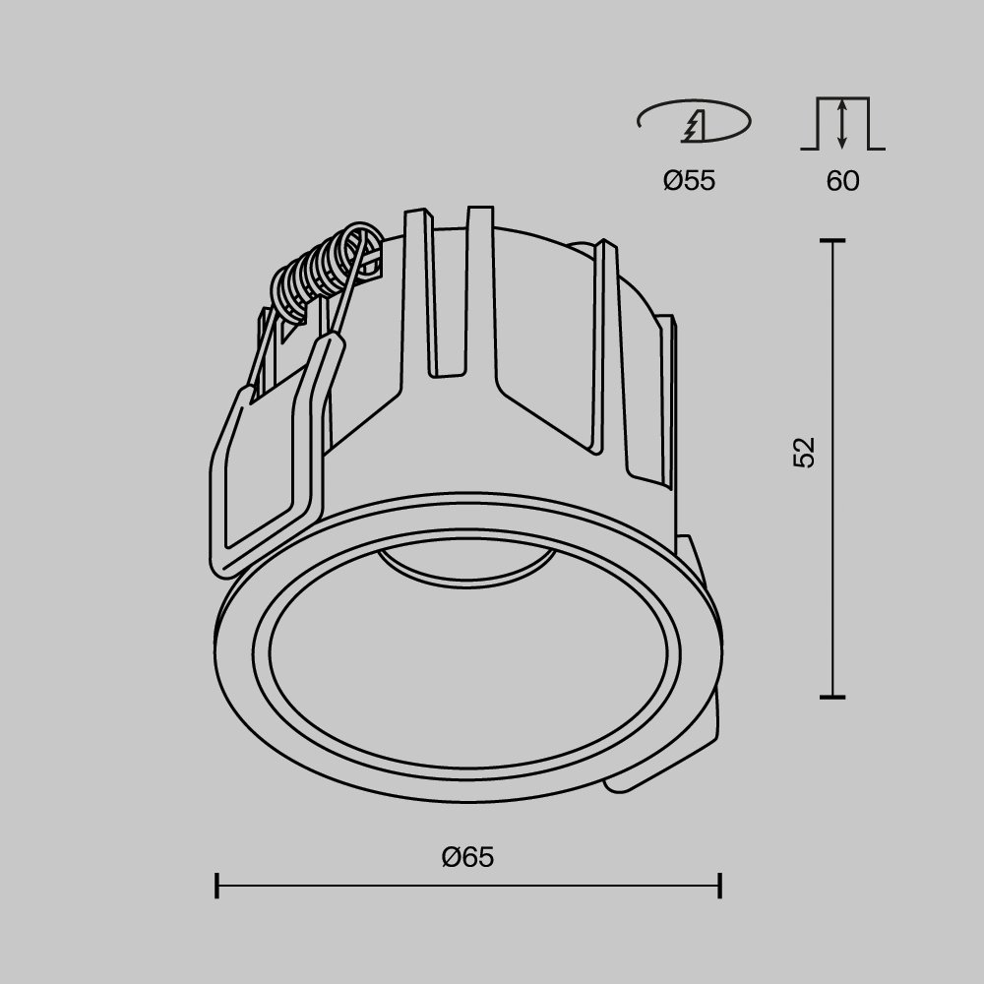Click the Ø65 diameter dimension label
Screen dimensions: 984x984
[x=467, y=858]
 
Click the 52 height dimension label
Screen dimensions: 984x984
[x=805, y=452]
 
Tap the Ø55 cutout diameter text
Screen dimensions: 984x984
[x=689, y=181]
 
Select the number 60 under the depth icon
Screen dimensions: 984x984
[x=843, y=181]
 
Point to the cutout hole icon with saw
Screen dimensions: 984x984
[x=694, y=123]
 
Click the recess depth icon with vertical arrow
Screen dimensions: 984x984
[x=843, y=124]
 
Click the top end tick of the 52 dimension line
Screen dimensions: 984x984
[x=833, y=241]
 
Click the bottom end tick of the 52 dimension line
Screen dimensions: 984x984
[x=833, y=696]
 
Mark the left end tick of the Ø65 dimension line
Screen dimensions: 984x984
[x=216, y=886]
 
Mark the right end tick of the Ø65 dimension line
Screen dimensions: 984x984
[x=721, y=886]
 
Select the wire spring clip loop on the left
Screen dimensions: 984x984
[x=266, y=482]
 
